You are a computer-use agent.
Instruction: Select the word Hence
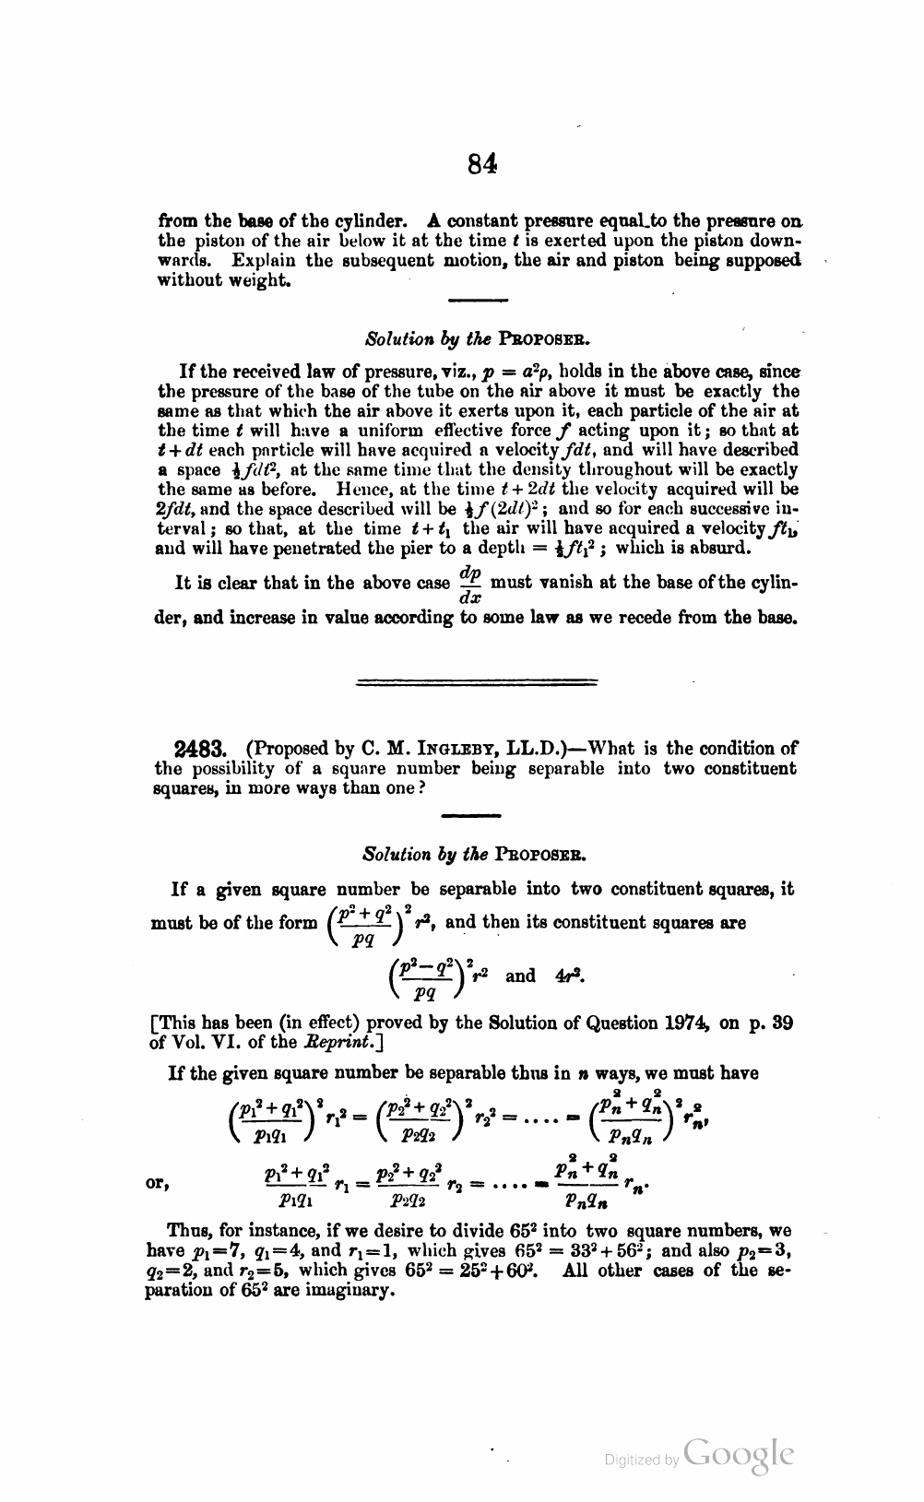tap(367, 489)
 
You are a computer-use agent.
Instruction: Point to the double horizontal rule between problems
tap(476, 682)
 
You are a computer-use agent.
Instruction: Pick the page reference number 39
tap(781, 1023)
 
